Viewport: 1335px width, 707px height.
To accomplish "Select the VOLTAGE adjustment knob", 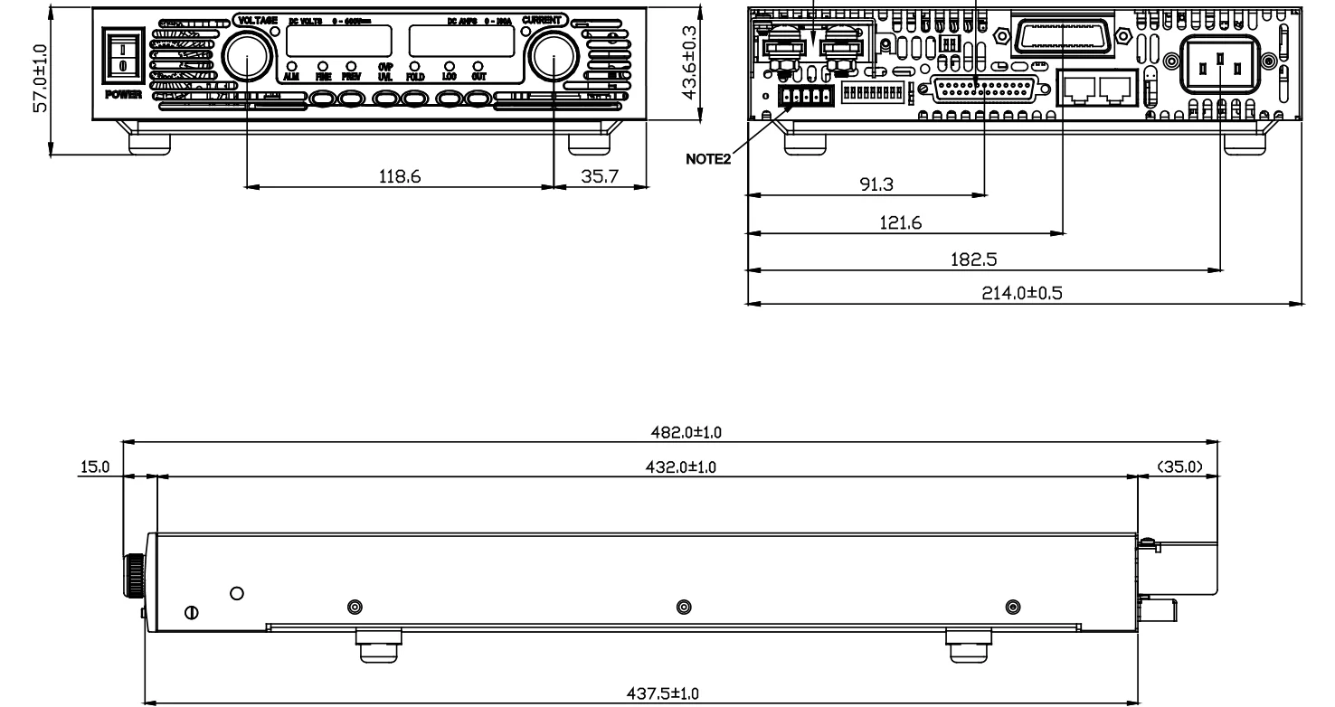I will tap(246, 57).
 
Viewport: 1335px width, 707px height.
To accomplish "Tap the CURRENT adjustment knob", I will tap(553, 57).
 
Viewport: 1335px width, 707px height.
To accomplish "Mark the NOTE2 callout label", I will tap(708, 159).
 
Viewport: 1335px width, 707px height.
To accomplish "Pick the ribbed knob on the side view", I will tap(133, 575).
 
